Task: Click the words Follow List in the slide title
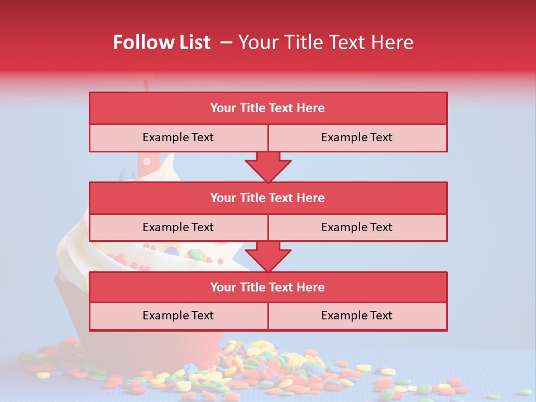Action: [162, 42]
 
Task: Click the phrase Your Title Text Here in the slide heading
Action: [326, 42]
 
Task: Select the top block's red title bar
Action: [268, 108]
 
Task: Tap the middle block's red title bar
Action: [268, 198]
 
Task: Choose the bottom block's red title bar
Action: [268, 287]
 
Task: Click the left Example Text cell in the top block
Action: [178, 137]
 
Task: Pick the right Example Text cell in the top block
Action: [357, 137]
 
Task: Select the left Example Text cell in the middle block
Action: [178, 227]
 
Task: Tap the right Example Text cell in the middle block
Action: [357, 227]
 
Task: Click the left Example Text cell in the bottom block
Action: [178, 315]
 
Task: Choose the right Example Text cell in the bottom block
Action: [357, 315]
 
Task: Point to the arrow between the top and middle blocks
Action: [268, 167]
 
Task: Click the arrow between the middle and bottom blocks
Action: [268, 256]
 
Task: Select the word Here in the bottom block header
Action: [311, 287]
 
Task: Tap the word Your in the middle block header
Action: [223, 198]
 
